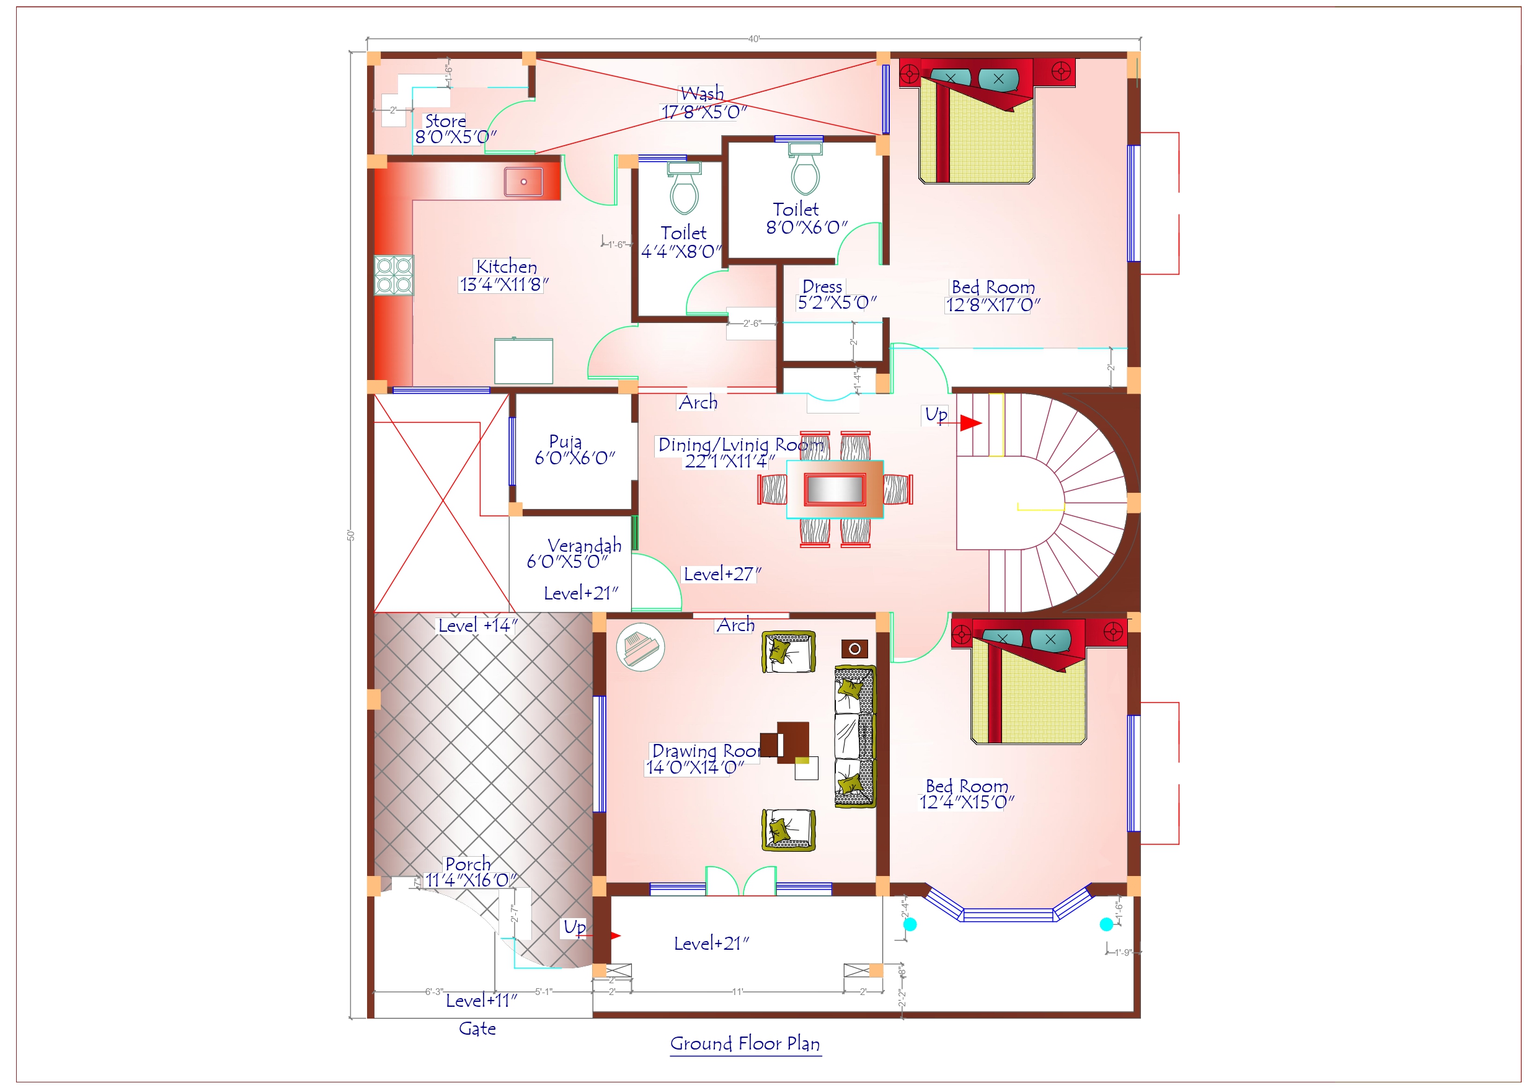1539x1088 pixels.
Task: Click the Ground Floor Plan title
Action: click(x=745, y=1044)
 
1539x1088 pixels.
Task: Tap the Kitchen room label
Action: click(x=506, y=267)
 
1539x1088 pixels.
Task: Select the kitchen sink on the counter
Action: click(x=523, y=182)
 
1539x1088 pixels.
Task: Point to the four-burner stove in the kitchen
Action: click(x=394, y=275)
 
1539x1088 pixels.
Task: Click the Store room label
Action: click(x=445, y=122)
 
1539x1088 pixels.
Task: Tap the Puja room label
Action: click(x=565, y=441)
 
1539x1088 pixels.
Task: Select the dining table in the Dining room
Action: click(x=835, y=489)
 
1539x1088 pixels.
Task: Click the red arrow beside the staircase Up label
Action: click(x=970, y=423)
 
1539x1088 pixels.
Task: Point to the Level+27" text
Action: click(x=722, y=575)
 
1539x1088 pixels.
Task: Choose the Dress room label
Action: click(x=822, y=287)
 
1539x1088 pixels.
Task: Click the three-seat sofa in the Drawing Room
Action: click(x=854, y=736)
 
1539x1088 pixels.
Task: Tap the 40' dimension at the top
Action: click(x=754, y=39)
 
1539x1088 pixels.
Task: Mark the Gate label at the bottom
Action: click(x=477, y=1029)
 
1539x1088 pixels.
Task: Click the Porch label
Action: click(x=468, y=864)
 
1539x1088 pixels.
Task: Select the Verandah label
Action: click(x=584, y=546)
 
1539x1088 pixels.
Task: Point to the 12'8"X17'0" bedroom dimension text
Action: click(x=993, y=306)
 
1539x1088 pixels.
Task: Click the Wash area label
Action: click(x=702, y=93)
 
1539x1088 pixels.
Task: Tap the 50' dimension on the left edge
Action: click(x=350, y=535)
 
